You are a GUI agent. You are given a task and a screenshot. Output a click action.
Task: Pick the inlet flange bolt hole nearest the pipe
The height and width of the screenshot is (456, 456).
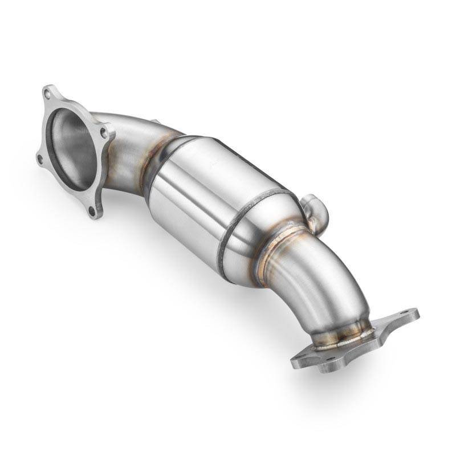click(x=104, y=132)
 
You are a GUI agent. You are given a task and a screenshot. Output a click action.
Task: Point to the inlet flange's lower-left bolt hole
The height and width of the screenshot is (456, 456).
click(x=40, y=160)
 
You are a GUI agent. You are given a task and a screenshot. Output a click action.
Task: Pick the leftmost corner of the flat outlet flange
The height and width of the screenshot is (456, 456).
click(x=292, y=360)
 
